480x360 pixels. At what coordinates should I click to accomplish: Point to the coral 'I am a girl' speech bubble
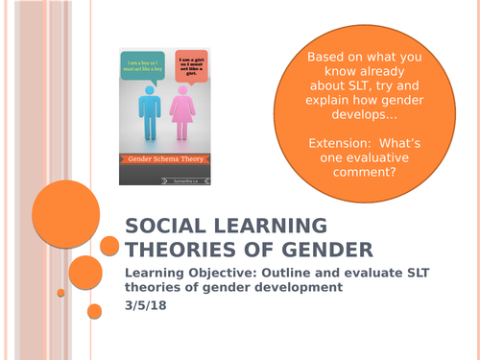(193, 65)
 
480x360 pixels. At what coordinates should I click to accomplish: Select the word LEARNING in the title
(276, 227)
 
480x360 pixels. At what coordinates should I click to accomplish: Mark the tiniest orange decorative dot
(94, 310)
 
